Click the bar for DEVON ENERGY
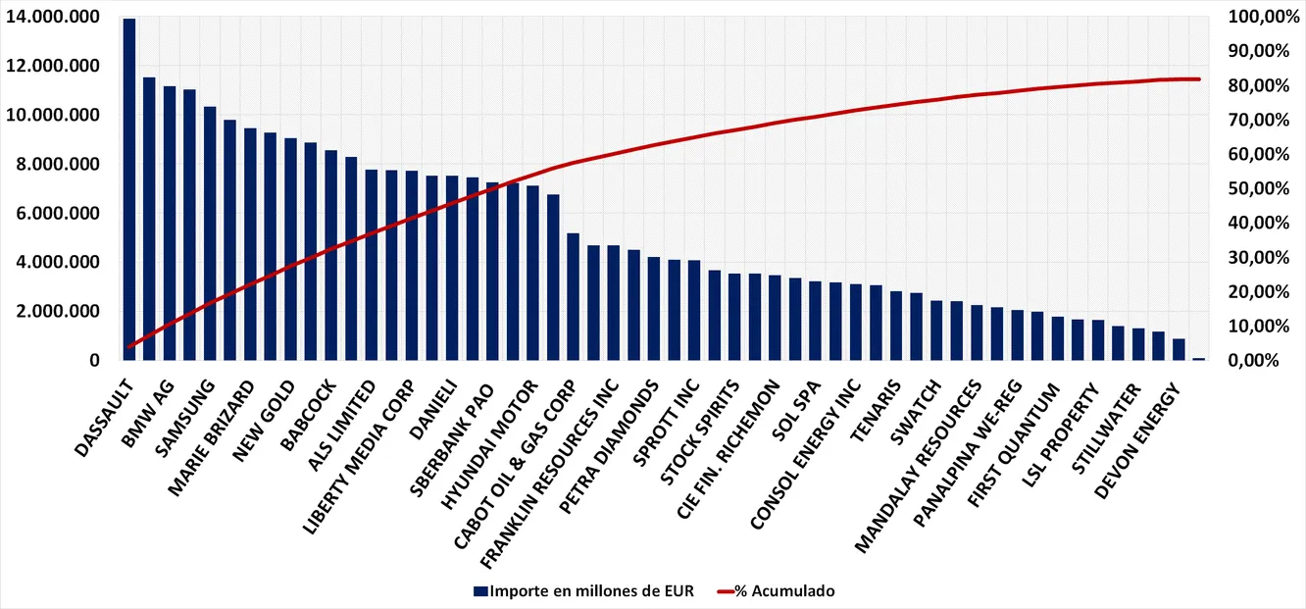pyautogui.click(x=1179, y=350)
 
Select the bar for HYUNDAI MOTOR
pyautogui.click(x=532, y=274)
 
